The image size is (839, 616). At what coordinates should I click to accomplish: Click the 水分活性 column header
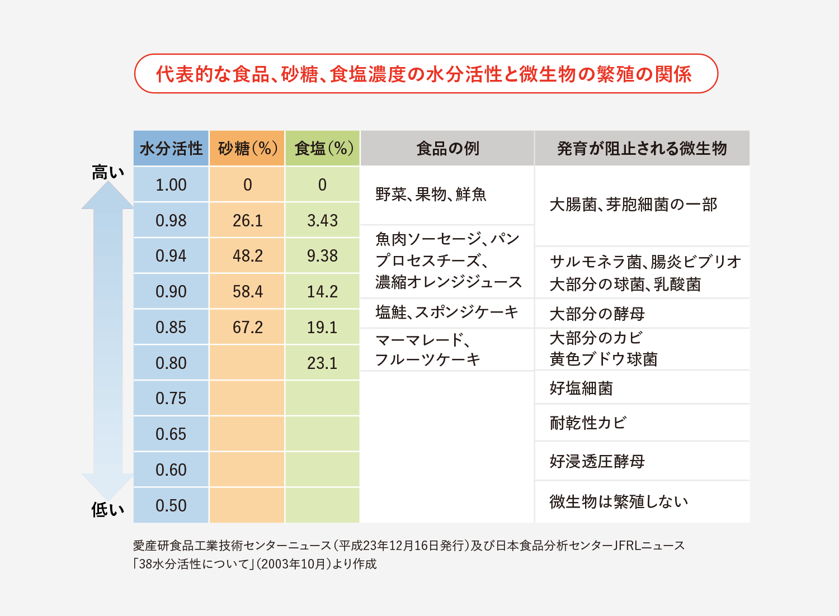click(x=171, y=149)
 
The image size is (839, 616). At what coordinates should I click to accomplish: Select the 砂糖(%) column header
click(x=247, y=149)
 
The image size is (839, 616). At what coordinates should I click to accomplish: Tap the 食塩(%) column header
click(x=323, y=149)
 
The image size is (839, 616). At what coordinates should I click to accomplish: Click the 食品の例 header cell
click(x=447, y=149)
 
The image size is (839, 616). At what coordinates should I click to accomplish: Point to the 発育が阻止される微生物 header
click(x=642, y=149)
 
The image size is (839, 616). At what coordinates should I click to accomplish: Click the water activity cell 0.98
click(x=171, y=221)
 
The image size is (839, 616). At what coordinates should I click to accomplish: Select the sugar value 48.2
click(x=247, y=256)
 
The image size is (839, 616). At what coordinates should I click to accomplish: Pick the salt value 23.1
click(x=322, y=363)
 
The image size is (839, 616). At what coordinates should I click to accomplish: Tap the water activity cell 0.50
click(x=171, y=506)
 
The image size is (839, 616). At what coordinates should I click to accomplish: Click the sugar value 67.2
click(x=247, y=328)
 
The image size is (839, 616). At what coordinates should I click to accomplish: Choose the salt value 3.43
click(x=322, y=221)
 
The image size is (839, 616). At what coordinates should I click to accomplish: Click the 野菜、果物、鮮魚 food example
click(x=431, y=195)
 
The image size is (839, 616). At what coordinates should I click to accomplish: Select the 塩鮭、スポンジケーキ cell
click(x=447, y=312)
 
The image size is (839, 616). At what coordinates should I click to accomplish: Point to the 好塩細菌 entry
click(x=581, y=388)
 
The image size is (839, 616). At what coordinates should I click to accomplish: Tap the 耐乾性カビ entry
click(x=588, y=423)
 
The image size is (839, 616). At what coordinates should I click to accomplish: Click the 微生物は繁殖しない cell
click(x=619, y=502)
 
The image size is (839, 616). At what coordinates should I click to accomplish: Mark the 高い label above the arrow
click(x=107, y=173)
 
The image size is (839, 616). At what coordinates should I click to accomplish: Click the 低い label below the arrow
click(x=107, y=509)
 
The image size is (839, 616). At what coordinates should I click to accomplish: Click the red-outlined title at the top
click(x=426, y=74)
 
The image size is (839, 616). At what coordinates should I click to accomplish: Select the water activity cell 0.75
click(x=171, y=399)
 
